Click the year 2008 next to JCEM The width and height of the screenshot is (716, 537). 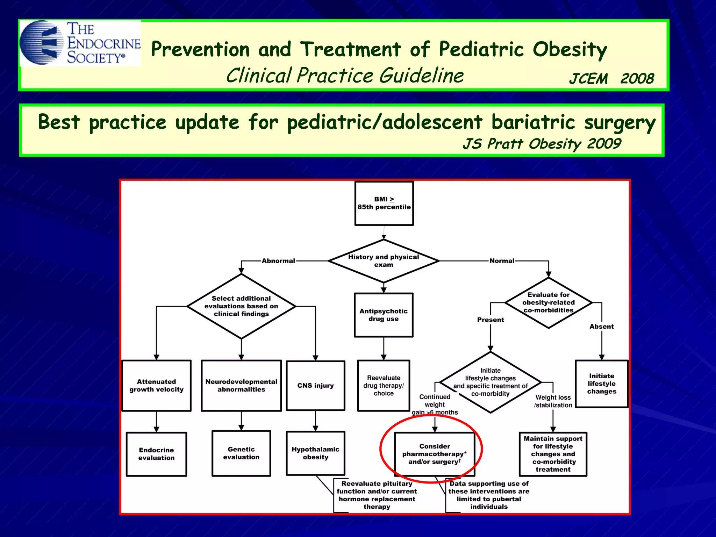tap(637, 79)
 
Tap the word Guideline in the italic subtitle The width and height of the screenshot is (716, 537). tap(422, 76)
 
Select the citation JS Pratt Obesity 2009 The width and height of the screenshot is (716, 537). tap(542, 144)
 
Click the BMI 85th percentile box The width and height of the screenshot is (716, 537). tap(384, 203)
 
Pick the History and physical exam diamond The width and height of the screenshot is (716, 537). tap(384, 261)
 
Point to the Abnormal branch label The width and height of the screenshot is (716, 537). tap(278, 261)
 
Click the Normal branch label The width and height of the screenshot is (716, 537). tap(502, 261)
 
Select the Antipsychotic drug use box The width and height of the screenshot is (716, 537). tap(384, 315)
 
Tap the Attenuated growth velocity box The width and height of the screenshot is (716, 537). tap(156, 386)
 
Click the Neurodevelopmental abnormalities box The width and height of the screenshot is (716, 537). tap(241, 386)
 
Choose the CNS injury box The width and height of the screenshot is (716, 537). tap(315, 386)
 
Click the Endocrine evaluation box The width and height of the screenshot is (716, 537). tap(156, 454)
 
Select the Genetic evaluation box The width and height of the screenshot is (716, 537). tap(241, 453)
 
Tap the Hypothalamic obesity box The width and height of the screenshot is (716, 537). tap(315, 453)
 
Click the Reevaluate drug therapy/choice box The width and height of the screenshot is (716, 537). tap(384, 386)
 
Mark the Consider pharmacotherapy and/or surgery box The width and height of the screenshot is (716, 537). tap(435, 454)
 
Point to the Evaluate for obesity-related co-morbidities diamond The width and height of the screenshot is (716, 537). tap(548, 303)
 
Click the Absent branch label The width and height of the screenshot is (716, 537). tap(601, 327)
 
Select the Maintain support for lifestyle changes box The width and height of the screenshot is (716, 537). tap(553, 454)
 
